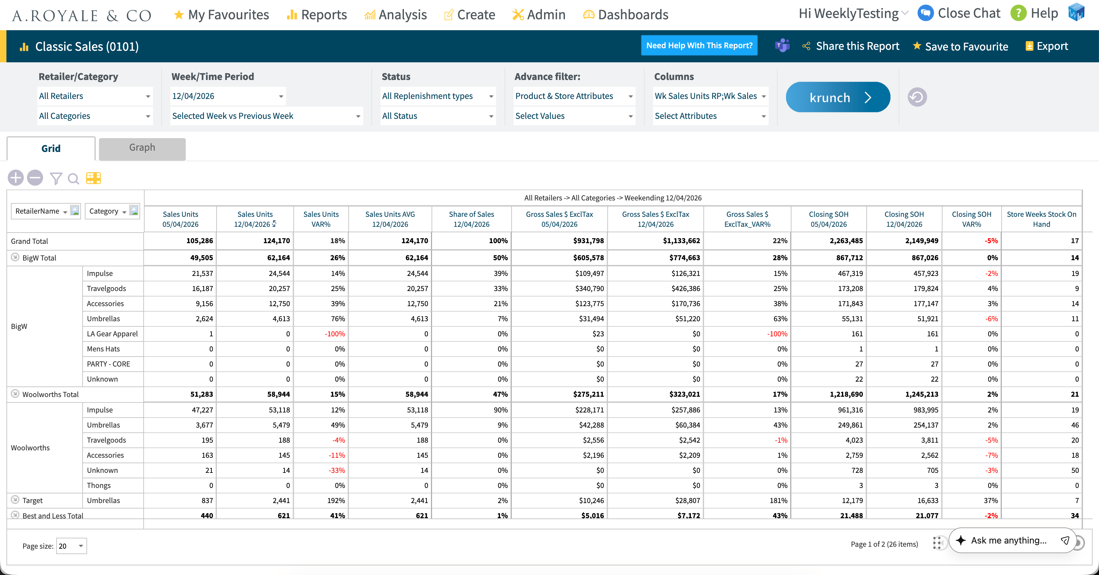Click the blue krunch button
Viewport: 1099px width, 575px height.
pos(837,97)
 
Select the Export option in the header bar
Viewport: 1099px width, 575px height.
pos(1047,46)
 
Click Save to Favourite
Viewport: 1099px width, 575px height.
pos(961,46)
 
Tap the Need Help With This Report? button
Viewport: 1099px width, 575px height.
pos(699,45)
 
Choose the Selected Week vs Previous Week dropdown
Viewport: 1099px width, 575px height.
pos(266,116)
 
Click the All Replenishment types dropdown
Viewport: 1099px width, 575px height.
pos(438,96)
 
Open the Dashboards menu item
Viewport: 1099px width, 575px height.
pos(625,15)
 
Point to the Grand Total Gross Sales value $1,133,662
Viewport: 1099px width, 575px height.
pos(681,241)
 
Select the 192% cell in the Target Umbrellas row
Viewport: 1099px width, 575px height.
pos(336,500)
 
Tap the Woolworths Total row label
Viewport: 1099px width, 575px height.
pos(50,394)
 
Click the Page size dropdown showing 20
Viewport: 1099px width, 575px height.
pos(71,546)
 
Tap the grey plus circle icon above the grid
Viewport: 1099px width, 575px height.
pos(16,178)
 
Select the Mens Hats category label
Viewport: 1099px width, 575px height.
pos(103,349)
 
